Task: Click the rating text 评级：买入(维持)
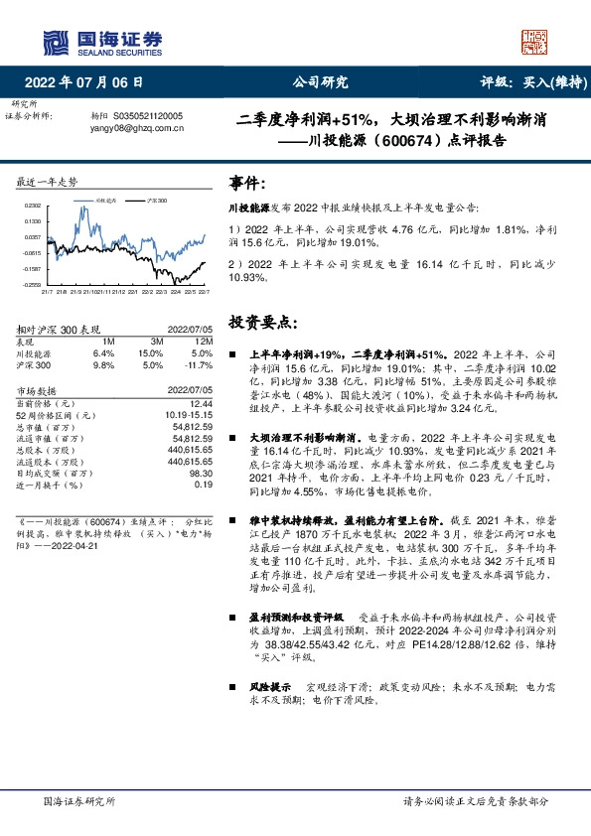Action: click(525, 82)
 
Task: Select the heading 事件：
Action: click(248, 184)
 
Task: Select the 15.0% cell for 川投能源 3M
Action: click(150, 352)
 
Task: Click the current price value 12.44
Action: click(200, 404)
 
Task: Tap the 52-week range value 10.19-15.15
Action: click(189, 415)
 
